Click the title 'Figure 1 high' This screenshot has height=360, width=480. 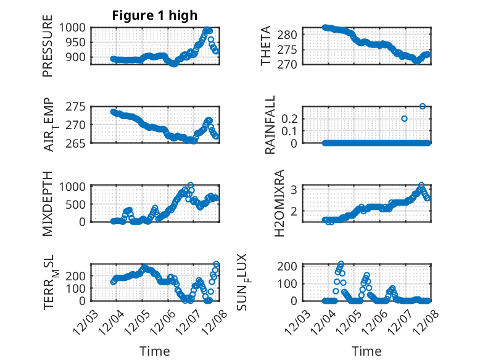[154, 15]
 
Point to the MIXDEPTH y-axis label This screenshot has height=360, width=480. [48, 202]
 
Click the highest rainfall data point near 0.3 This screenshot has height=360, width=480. [423, 106]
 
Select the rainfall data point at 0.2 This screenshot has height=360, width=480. [404, 119]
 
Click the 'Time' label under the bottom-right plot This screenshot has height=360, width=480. [366, 351]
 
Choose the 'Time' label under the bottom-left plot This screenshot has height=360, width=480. [154, 351]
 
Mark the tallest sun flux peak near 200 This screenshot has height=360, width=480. [341, 264]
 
